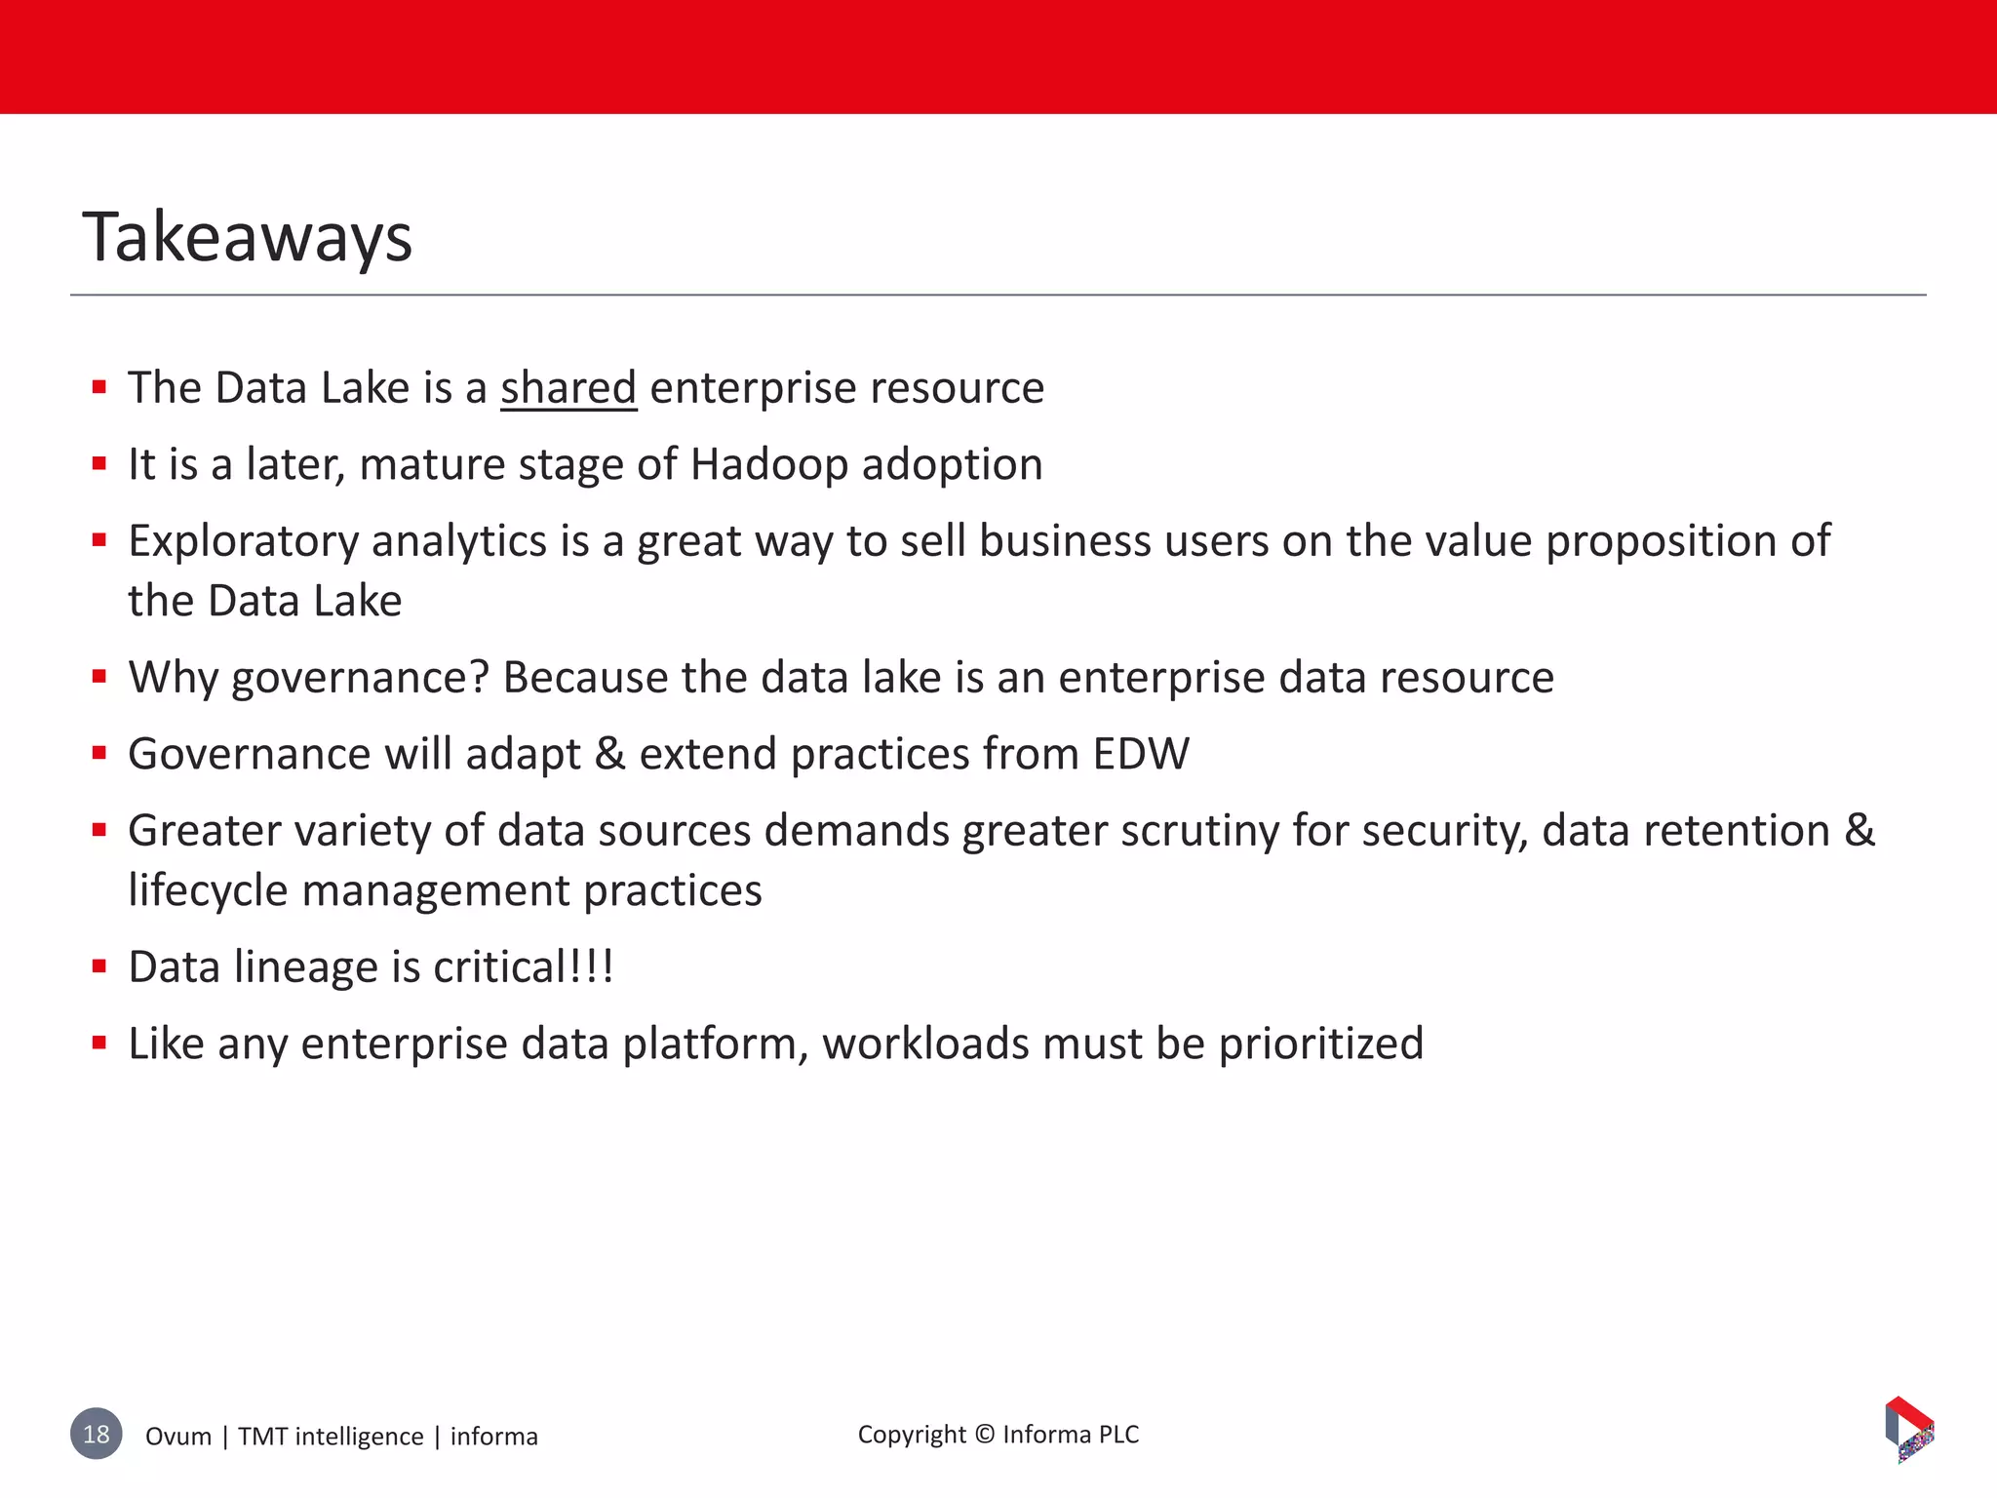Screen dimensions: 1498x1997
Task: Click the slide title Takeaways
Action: pos(248,237)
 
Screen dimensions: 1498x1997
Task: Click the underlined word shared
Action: pos(568,388)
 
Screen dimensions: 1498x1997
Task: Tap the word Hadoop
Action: pos(769,464)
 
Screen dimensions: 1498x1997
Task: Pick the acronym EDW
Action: pos(1141,754)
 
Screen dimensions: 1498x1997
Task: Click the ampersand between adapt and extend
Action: pos(609,754)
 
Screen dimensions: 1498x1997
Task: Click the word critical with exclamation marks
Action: pos(524,967)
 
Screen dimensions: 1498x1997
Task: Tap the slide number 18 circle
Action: pos(97,1434)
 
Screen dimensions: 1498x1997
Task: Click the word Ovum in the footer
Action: pos(178,1437)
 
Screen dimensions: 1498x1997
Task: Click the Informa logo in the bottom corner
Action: pos(1908,1430)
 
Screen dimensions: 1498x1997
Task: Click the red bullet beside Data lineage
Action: pos(99,967)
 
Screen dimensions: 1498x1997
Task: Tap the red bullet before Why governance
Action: pos(99,677)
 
